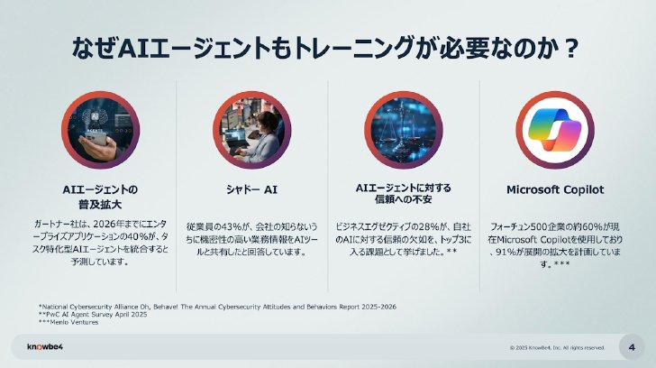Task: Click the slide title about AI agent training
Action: point(325,48)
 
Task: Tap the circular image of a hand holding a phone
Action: point(100,130)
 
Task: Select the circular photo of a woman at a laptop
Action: point(252,130)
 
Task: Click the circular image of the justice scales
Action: point(404,130)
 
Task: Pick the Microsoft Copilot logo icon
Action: point(555,130)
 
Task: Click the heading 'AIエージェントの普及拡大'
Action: point(100,198)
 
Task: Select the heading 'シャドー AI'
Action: point(252,189)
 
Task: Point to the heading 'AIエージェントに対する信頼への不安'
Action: point(404,193)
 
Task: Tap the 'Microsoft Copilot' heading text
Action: point(555,189)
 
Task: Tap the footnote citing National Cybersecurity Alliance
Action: point(217,307)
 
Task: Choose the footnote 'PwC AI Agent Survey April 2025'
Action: point(93,315)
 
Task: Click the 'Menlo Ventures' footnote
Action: point(68,322)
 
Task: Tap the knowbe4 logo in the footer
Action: point(45,346)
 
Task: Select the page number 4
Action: point(632,347)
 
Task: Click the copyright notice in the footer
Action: point(557,347)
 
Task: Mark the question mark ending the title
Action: point(570,49)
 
